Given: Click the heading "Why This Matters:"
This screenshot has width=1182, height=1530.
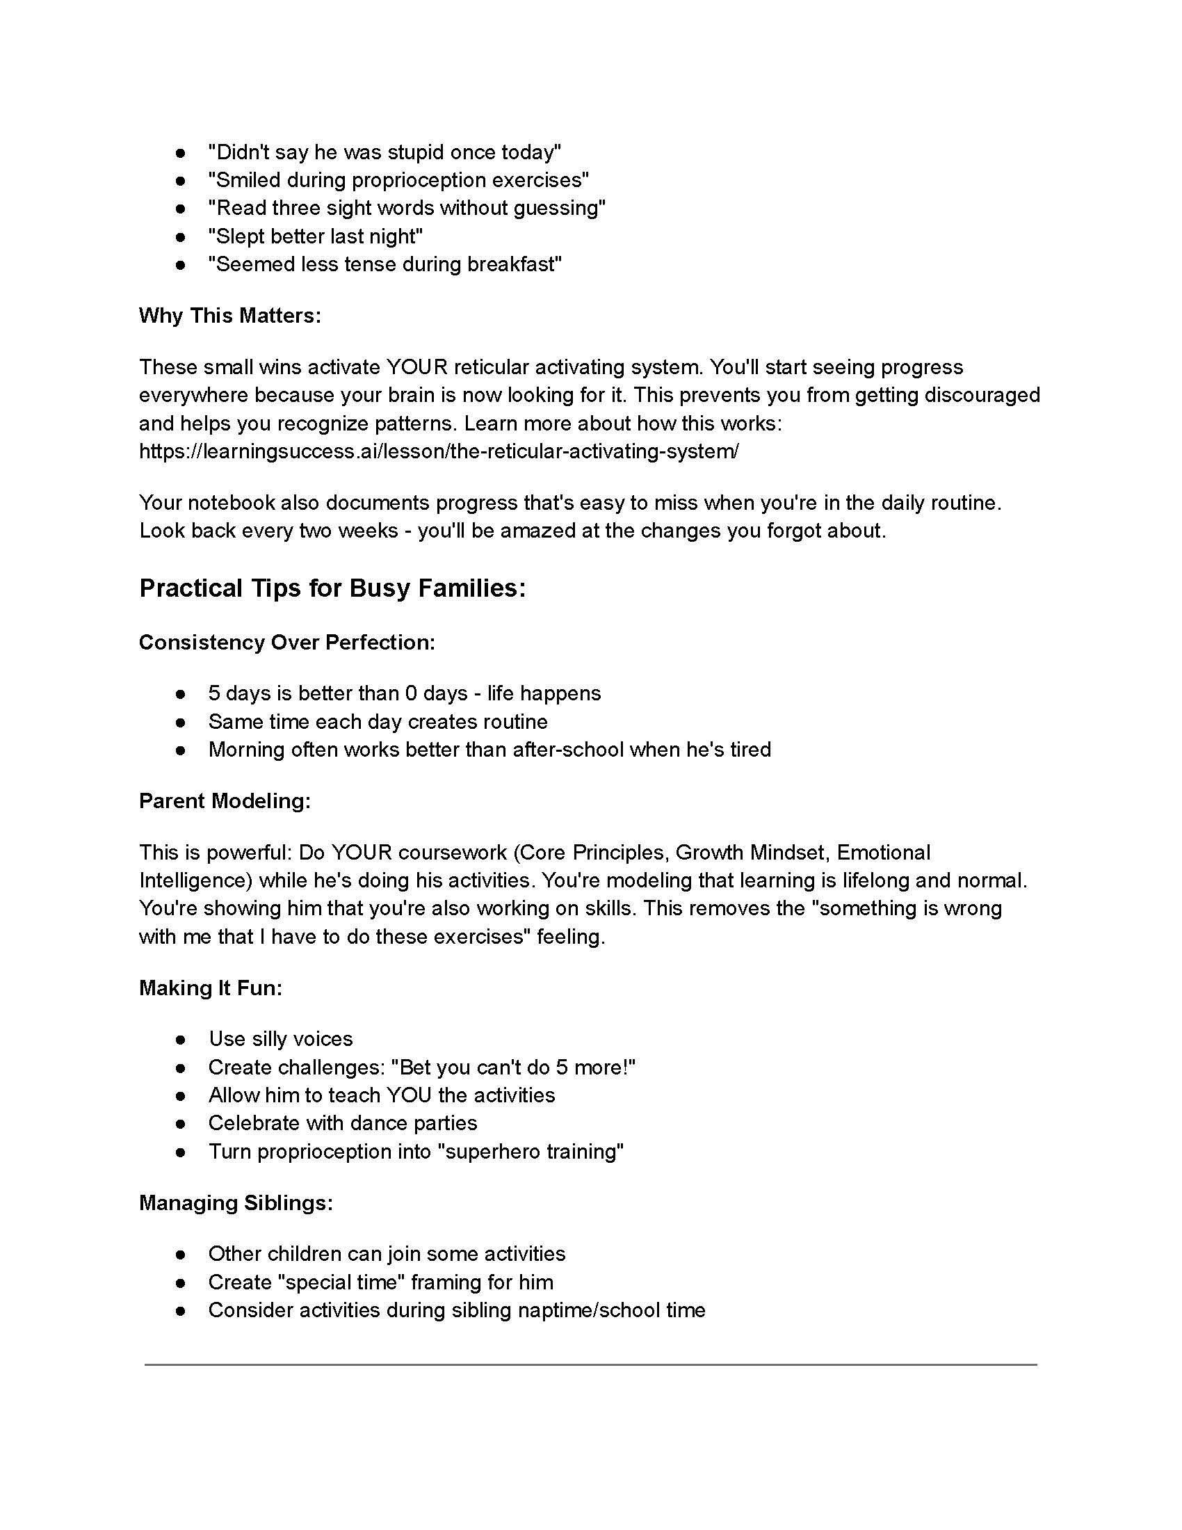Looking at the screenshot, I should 229,315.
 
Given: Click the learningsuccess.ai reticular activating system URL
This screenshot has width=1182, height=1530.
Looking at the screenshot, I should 438,451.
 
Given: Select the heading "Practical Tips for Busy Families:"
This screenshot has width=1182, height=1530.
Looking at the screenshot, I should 332,588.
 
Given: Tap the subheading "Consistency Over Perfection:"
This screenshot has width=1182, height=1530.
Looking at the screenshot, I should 287,643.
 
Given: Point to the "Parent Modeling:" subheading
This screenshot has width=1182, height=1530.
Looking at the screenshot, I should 225,800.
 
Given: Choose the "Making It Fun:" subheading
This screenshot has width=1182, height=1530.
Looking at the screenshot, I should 211,988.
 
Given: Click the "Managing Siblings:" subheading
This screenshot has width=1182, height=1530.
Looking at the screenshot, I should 236,1203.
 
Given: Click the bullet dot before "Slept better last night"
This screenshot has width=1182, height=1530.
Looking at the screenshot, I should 181,236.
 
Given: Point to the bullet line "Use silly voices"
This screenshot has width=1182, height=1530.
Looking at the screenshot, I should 281,1039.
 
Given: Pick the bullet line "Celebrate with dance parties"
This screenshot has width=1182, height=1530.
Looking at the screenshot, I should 342,1123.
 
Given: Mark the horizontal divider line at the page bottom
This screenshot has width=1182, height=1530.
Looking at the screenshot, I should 590,1364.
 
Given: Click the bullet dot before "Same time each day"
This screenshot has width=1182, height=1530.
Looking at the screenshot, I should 181,722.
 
